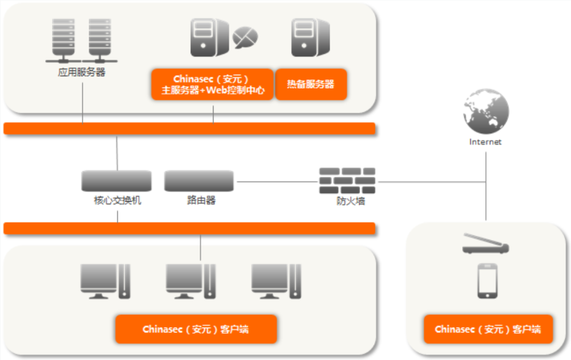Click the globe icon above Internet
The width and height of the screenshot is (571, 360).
pyautogui.click(x=486, y=112)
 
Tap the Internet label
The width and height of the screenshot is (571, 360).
pyautogui.click(x=485, y=142)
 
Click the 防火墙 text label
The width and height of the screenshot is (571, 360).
pyautogui.click(x=350, y=201)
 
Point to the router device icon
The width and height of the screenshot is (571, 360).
pyautogui.click(x=199, y=181)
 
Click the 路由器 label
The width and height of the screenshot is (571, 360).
pyautogui.click(x=202, y=200)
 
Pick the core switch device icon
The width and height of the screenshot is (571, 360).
pyautogui.click(x=116, y=181)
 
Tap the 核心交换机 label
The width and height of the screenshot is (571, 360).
pyautogui.click(x=117, y=200)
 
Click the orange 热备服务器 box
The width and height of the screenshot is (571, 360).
pyautogui.click(x=311, y=84)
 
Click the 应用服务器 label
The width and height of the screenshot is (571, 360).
pyautogui.click(x=81, y=72)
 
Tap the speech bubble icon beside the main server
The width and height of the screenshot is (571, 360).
pyautogui.click(x=245, y=37)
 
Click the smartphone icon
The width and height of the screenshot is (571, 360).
pyautogui.click(x=487, y=281)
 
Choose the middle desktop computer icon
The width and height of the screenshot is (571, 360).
pyautogui.click(x=191, y=281)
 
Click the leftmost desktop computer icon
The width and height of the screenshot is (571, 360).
pyautogui.click(x=106, y=281)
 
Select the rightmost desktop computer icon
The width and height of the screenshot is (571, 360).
pyautogui.click(x=276, y=281)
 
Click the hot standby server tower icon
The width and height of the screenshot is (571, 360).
pyautogui.click(x=309, y=36)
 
